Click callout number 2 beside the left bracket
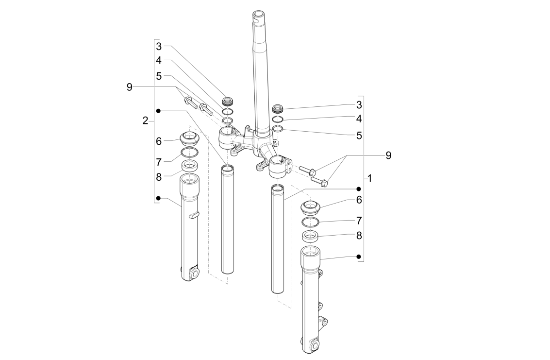click(145, 120)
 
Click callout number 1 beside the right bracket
click(370, 178)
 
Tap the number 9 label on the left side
click(130, 87)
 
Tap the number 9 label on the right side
click(388, 155)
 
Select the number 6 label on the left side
click(159, 141)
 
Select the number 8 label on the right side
click(359, 235)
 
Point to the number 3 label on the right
click(359, 104)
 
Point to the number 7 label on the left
click(159, 162)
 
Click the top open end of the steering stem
click(260, 14)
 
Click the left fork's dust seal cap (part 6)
click(189, 139)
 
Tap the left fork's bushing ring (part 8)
click(189, 166)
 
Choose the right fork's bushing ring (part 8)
click(310, 236)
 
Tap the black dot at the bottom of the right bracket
click(359, 257)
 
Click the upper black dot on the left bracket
click(159, 111)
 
